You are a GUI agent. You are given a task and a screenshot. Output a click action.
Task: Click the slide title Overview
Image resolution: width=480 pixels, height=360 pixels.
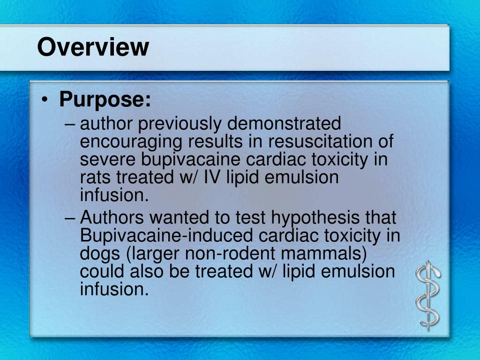tap(93, 47)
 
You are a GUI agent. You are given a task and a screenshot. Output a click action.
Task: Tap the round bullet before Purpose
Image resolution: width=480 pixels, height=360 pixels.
tap(45, 100)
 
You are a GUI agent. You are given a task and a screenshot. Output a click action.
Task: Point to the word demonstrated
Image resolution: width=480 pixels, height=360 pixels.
tap(284, 124)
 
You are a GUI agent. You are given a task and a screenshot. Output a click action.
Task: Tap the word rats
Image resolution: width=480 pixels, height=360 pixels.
tap(96, 178)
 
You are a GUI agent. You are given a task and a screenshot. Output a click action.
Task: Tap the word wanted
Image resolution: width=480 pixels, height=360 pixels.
tap(180, 218)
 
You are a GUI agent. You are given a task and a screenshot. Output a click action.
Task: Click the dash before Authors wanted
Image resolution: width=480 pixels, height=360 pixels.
tap(70, 218)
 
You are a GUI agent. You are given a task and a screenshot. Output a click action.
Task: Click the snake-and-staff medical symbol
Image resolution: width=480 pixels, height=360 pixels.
tap(427, 295)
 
